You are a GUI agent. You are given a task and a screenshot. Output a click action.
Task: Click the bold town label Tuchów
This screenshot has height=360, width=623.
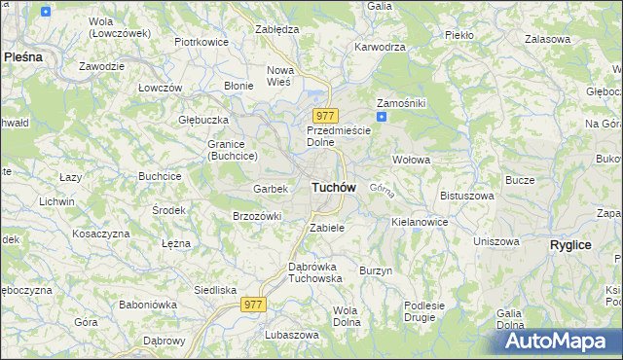click(x=334, y=187)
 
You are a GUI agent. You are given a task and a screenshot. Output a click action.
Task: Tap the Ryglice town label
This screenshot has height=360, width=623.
click(x=570, y=245)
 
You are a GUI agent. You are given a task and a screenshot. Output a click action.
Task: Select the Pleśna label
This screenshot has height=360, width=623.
click(x=23, y=57)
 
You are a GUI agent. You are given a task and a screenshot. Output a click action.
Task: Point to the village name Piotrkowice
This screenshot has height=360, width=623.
click(x=201, y=43)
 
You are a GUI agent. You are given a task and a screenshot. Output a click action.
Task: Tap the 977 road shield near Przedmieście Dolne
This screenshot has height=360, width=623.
click(x=325, y=116)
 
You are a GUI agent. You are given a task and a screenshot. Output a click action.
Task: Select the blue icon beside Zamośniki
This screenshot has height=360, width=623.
click(x=383, y=118)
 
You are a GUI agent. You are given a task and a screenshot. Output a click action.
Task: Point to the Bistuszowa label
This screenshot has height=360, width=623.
click(x=467, y=196)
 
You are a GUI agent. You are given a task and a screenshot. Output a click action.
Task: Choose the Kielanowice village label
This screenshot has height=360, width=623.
click(x=420, y=222)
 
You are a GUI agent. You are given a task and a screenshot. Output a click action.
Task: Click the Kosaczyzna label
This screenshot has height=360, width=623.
click(x=100, y=234)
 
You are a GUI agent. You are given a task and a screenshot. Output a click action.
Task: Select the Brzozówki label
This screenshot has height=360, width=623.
click(x=257, y=216)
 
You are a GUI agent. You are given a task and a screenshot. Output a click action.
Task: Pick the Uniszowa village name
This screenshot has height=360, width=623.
click(x=497, y=241)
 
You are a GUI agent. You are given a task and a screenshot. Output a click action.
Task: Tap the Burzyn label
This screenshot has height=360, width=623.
click(x=376, y=270)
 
